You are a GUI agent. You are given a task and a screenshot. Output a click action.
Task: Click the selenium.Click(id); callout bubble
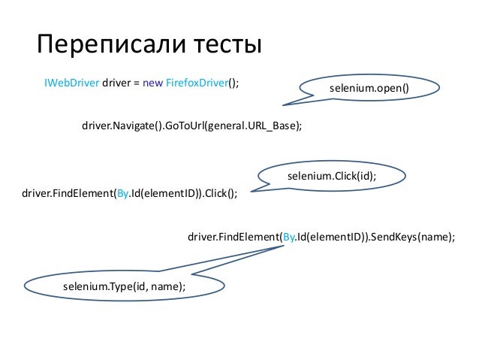(331, 176)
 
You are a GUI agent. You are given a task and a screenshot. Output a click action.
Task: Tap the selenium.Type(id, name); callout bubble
(124, 286)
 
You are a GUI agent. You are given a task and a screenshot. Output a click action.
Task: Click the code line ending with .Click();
(130, 193)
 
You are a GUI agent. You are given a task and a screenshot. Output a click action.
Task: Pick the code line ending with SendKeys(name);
(321, 237)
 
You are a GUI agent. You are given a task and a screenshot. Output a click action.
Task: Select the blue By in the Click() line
(122, 193)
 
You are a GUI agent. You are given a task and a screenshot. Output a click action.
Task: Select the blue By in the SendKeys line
(289, 237)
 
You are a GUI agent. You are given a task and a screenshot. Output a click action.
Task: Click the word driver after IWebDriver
(116, 83)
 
